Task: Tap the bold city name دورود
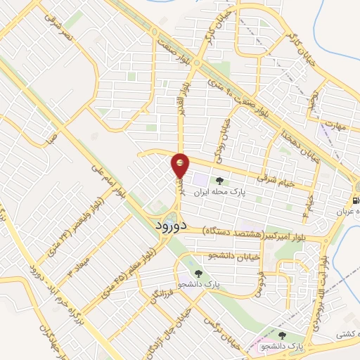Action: [169, 226]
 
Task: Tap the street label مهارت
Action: [335, 124]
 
